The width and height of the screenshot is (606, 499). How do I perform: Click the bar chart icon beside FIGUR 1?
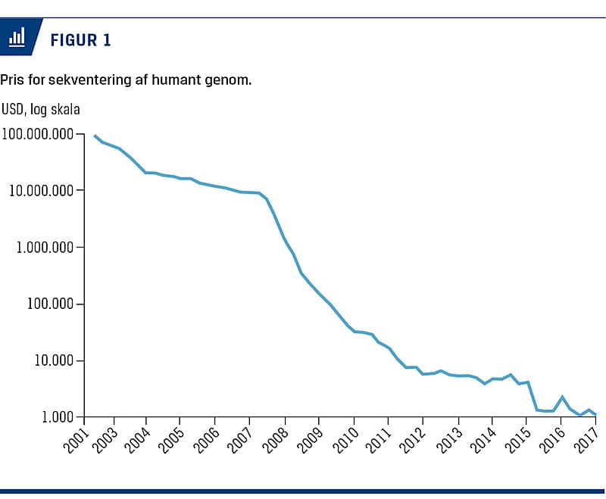[17, 38]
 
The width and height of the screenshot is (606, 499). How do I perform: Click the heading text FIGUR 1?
[80, 40]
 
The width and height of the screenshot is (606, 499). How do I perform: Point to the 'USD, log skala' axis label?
[41, 109]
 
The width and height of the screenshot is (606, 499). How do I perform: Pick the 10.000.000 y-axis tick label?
[41, 190]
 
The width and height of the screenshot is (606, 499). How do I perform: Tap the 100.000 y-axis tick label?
[48, 304]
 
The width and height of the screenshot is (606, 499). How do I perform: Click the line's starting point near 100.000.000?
[95, 136]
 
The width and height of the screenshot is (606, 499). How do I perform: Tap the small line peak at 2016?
[562, 397]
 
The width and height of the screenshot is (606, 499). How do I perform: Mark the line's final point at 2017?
[596, 415]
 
